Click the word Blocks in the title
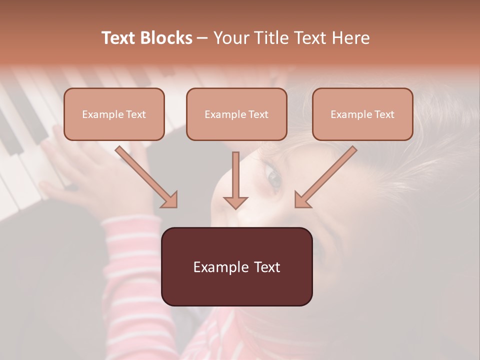click(167, 38)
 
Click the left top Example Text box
click(114, 114)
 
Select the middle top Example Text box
click(236, 114)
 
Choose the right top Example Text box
click(362, 114)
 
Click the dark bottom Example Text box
click(237, 266)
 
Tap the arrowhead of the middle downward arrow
click(235, 202)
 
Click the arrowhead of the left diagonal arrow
click(169, 200)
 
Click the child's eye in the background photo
click(274, 178)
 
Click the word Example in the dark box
click(214, 267)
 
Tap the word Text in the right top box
click(384, 114)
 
